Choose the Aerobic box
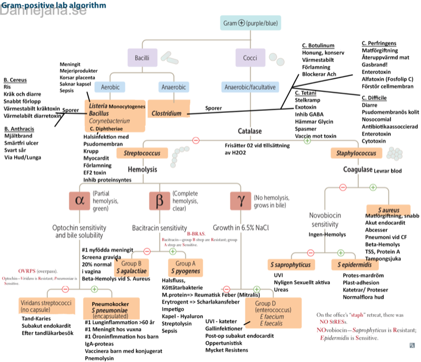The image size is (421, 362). (109, 86)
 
